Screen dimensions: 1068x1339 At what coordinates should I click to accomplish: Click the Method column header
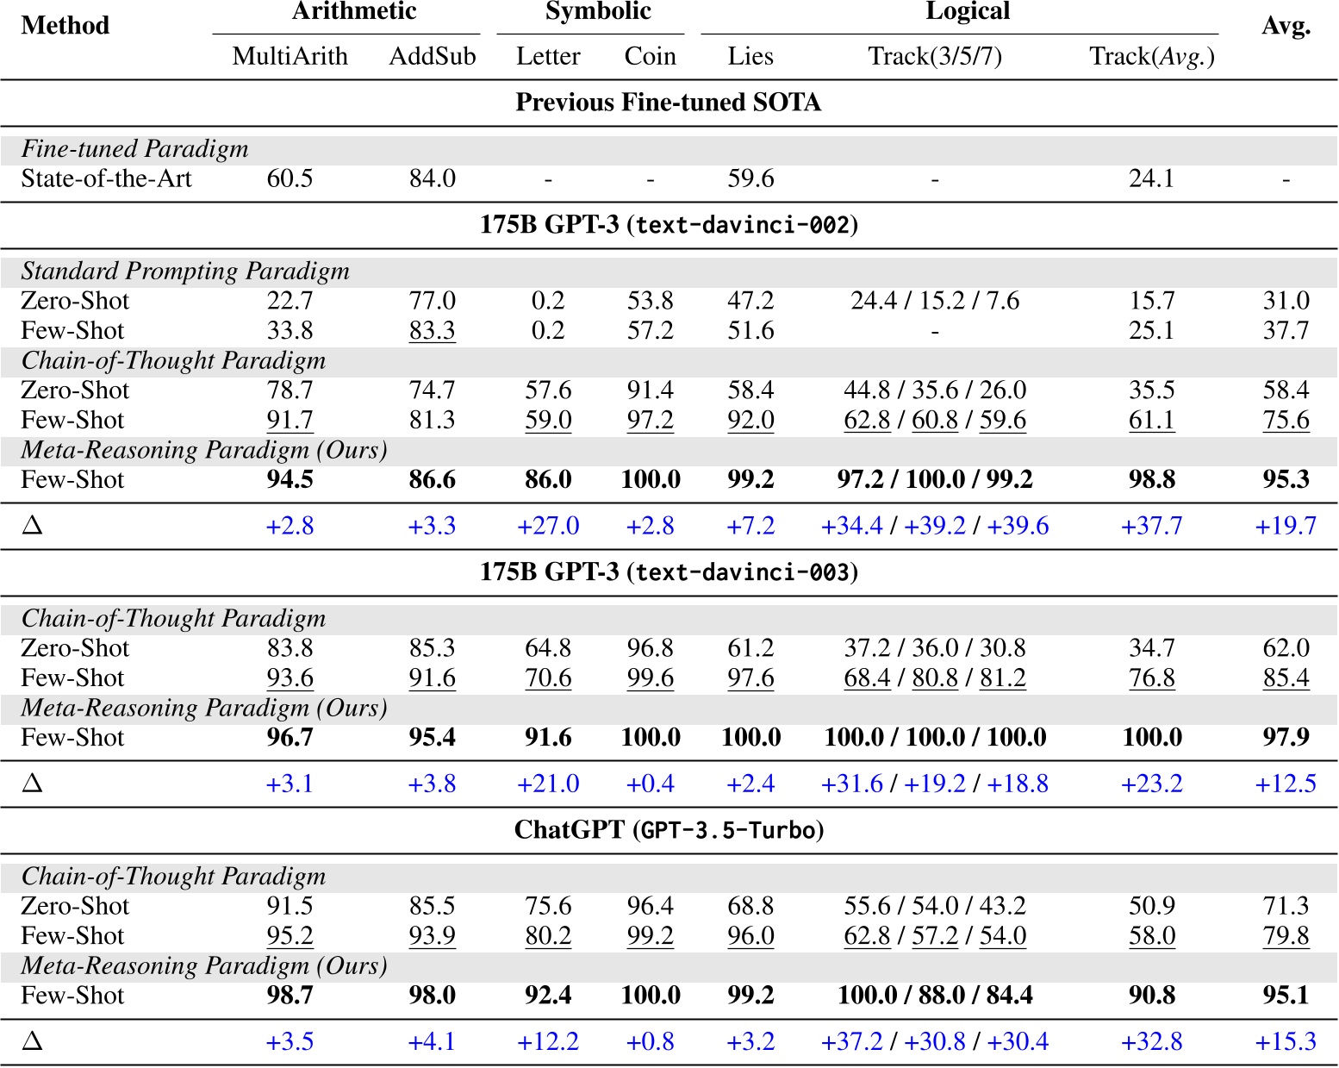[65, 26]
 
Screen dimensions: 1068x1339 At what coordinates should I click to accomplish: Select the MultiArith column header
[290, 57]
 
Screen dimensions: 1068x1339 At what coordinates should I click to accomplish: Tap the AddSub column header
[433, 57]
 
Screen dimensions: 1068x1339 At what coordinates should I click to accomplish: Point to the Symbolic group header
[598, 12]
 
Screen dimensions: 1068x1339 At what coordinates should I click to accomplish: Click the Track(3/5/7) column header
[935, 57]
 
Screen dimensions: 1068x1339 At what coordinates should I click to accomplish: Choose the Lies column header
[750, 57]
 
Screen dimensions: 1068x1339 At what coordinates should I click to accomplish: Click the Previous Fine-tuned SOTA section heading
[668, 103]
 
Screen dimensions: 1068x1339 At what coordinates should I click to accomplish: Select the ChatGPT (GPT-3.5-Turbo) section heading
[668, 830]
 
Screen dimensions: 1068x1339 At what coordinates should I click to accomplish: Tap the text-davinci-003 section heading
[668, 572]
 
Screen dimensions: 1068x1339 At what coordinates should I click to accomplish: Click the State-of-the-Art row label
[107, 179]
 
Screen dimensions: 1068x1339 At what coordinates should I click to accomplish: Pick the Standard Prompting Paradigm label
[185, 272]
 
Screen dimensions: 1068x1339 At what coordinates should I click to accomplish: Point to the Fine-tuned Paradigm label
[135, 149]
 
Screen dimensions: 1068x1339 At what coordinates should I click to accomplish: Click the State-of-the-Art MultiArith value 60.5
[290, 179]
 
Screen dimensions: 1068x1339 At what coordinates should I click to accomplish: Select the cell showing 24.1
[1152, 179]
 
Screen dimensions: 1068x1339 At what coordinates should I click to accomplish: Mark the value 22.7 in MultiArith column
[290, 301]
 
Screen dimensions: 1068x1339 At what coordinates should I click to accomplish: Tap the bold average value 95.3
[1286, 480]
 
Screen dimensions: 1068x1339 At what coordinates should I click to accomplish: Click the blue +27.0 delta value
[548, 526]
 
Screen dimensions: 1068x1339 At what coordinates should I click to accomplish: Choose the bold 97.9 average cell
[1286, 738]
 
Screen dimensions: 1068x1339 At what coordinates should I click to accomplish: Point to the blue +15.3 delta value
[1286, 1042]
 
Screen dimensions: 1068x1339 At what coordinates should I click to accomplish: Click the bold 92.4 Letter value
[548, 996]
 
